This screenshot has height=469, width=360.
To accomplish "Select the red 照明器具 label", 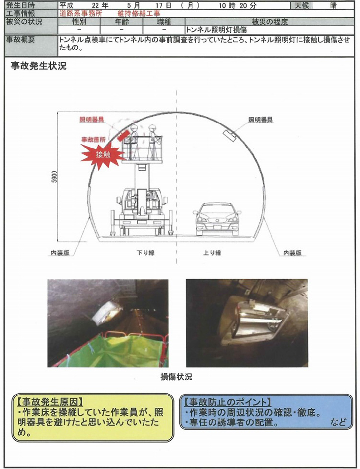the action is pos(92,120).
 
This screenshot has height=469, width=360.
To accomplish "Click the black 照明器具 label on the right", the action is pos(261,120).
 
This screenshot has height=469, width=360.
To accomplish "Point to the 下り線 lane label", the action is pos(145,253).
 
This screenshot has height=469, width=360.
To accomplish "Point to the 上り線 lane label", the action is pos(212,253).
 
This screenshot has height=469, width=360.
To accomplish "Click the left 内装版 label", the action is pos(60,253).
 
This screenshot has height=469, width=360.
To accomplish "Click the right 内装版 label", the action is pos(292,253).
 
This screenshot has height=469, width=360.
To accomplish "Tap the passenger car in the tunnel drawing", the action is pos(217,219).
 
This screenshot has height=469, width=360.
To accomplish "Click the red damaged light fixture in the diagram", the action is pos(123,135).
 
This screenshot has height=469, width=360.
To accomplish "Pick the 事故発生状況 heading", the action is pos(39,66).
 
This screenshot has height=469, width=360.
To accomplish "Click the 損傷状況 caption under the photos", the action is pos(176,377).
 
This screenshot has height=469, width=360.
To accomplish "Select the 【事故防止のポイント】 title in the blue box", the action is pos(228,401).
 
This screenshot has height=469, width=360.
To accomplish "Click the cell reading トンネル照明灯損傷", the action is pos(216,30).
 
